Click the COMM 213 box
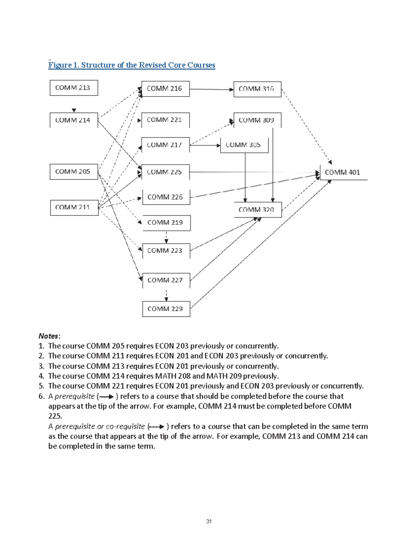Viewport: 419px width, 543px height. pos(74,88)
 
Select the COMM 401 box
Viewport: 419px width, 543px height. pos(343,172)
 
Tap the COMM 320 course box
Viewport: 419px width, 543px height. pos(257,209)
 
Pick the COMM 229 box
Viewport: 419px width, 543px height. pos(166,309)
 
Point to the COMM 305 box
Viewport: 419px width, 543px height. pos(244,145)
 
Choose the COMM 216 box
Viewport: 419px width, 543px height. pos(165,89)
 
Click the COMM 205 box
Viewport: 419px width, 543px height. pos(74,172)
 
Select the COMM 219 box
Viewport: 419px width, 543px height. pos(166,223)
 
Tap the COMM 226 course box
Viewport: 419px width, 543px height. pos(166,197)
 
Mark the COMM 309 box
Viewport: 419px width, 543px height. pos(257,120)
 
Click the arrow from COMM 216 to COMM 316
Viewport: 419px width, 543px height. pos(211,90)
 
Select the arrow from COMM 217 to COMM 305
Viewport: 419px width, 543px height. pos(205,145)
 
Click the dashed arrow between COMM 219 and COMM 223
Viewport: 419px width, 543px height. pos(166,237)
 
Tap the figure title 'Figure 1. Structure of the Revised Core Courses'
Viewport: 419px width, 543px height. pos(132,65)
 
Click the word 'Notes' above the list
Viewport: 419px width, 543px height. pos(49,336)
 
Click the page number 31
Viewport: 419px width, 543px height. pos(209,521)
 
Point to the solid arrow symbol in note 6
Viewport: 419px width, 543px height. pos(106,396)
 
